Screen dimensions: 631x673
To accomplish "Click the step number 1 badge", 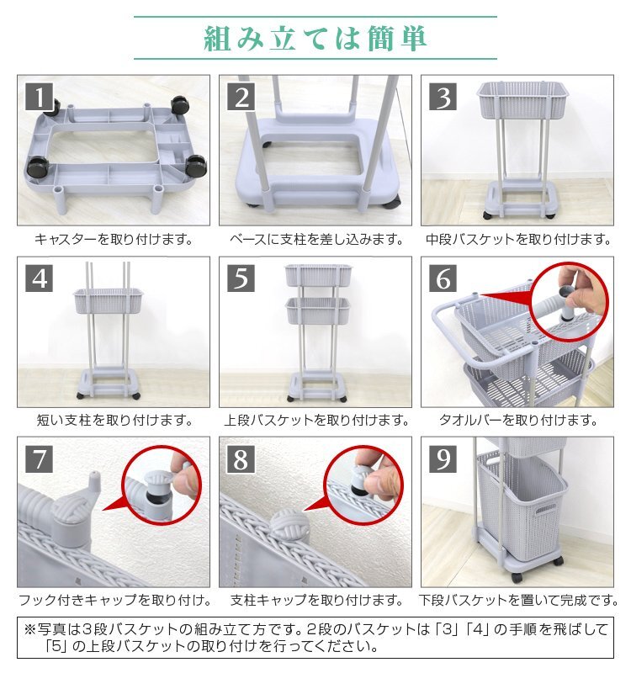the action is (39, 97).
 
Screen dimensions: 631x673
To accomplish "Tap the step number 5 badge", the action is (241, 278).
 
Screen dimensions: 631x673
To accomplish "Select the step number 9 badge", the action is (443, 458).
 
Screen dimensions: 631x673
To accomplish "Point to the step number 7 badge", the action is (39, 458).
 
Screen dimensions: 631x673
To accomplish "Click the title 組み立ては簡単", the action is (315, 38).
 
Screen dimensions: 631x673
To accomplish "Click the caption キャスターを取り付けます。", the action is (114, 239).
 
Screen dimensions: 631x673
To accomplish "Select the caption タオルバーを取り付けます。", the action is (517, 420).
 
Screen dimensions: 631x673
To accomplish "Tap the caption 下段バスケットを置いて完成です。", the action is (518, 600).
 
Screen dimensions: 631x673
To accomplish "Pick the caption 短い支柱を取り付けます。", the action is (114, 420).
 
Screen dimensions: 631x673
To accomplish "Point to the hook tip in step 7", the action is (95, 475).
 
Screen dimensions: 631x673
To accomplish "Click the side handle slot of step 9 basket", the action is (546, 511).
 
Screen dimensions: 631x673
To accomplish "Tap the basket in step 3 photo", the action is (522, 100).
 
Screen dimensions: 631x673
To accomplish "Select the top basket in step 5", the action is (319, 276).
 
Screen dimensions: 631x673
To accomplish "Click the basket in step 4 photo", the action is (109, 301).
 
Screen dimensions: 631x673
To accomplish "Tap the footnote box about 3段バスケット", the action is (315, 638).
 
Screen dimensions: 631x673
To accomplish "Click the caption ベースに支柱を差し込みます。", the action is (316, 239).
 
